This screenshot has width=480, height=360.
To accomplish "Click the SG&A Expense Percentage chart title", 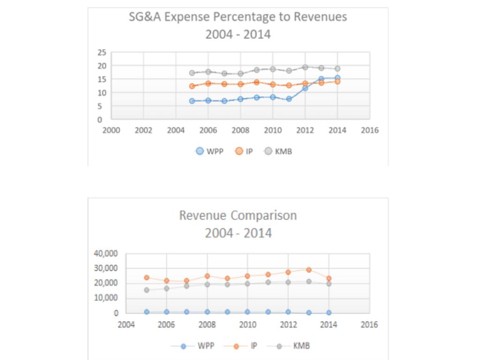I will click(x=238, y=25).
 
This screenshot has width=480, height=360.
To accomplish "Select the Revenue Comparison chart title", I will click(x=238, y=224).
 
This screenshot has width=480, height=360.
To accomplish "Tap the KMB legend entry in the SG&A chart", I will click(x=278, y=151).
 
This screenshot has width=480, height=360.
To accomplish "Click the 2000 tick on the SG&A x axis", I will click(x=111, y=130).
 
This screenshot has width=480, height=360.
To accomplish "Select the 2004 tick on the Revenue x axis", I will click(x=126, y=324).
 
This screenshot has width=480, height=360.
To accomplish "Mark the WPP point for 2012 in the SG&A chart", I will click(x=305, y=88).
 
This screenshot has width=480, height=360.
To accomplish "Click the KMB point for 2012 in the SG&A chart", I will click(x=305, y=67).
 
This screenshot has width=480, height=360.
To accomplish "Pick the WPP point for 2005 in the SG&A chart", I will click(x=192, y=101).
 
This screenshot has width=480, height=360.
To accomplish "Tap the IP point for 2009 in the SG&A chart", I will click(x=256, y=82).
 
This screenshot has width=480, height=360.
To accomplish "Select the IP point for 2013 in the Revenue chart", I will click(x=308, y=270).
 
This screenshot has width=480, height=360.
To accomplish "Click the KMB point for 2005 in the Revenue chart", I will click(x=147, y=290).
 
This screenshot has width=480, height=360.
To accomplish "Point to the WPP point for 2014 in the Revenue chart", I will click(x=329, y=312).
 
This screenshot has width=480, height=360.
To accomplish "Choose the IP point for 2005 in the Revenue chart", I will click(x=147, y=277).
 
